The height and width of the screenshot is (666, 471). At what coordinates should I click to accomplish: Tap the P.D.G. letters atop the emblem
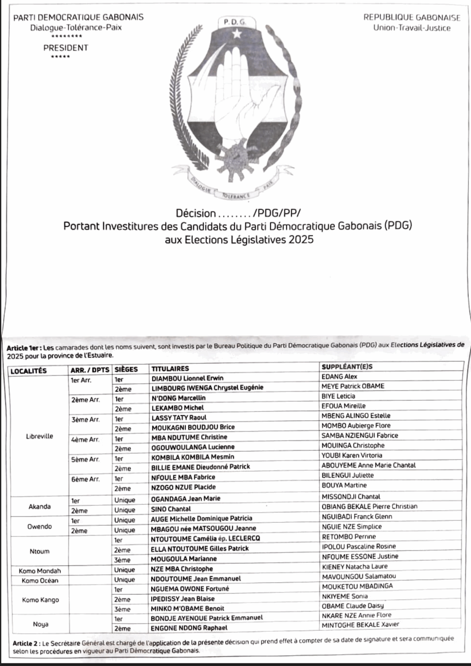tap(234, 21)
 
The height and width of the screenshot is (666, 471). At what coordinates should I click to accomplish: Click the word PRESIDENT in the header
tap(65, 48)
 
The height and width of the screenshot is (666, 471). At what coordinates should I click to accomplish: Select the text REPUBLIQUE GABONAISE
tap(412, 18)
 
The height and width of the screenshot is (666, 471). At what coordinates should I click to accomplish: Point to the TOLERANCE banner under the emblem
tap(235, 196)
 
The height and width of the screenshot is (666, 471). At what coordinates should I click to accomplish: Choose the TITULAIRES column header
tap(170, 369)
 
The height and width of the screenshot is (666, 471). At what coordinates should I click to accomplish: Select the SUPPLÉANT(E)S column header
tap(347, 366)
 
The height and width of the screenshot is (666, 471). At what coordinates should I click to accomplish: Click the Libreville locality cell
tap(39, 436)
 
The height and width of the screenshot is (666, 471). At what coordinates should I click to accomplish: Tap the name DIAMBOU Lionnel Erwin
tap(187, 378)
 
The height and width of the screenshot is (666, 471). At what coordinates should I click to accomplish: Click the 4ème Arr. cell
tap(85, 439)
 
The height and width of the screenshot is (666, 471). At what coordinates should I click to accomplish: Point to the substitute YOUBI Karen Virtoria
tap(352, 455)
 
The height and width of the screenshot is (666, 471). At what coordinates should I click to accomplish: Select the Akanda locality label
tap(39, 506)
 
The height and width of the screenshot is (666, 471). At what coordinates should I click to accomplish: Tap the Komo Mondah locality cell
tap(40, 571)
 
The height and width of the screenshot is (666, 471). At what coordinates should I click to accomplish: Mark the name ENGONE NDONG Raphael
tap(189, 628)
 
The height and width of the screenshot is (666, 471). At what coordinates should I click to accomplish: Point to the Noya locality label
tap(41, 624)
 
